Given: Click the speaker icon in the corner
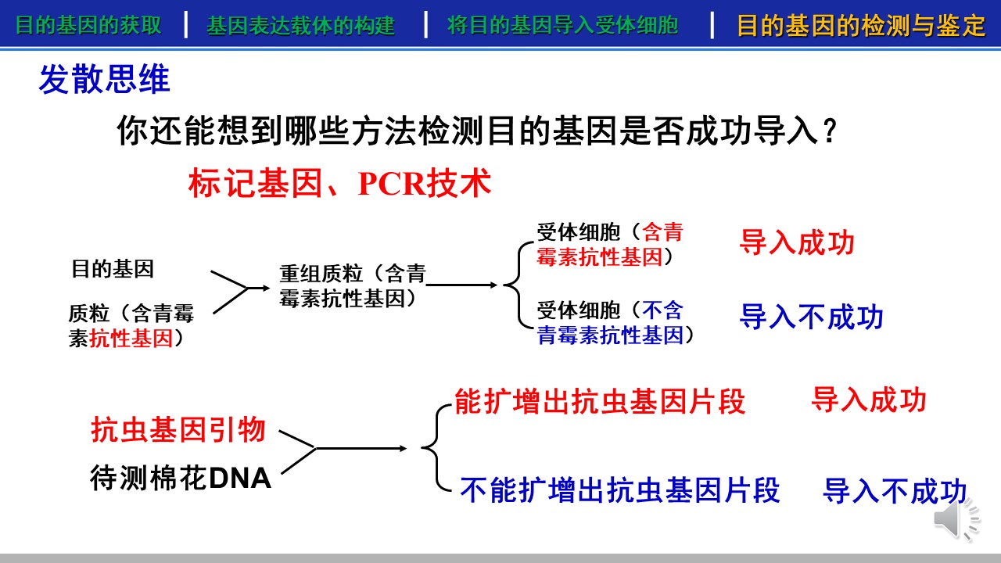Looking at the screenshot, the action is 956,519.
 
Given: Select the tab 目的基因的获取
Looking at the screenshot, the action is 88,25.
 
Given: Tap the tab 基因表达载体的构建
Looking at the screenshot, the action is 300,26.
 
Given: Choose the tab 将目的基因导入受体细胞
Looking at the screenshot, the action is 562,25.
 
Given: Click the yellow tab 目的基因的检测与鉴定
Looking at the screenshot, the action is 861,26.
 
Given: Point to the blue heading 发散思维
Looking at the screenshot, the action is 105,79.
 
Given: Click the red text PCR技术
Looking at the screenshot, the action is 424,183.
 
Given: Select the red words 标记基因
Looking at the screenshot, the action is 255,183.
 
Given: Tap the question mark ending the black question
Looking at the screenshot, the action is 831,131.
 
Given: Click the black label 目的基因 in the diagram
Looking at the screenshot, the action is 113,269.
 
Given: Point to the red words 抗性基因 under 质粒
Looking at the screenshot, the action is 131,339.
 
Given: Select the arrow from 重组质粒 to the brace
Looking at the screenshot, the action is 461,285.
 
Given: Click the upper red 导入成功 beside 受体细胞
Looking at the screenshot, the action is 797,242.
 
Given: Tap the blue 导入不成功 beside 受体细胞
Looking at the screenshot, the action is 811,317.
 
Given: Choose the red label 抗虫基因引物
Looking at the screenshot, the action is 178,429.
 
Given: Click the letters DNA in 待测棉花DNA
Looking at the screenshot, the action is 240,478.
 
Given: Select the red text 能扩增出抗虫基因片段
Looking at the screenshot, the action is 600,401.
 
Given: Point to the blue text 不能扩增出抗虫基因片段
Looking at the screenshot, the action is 620,490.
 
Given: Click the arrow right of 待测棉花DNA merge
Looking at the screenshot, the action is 361,448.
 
